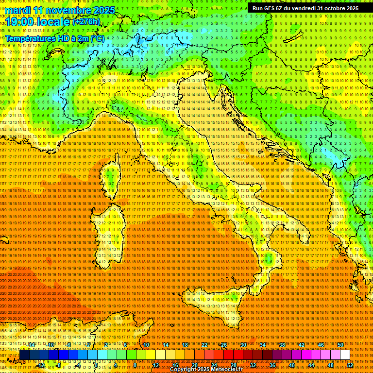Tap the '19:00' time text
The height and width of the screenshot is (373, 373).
pos(17,22)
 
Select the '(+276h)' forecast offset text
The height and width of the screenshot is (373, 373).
pos(87,22)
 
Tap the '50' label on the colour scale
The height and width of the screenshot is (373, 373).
pos(340,345)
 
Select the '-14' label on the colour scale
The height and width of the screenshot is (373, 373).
pos(31,345)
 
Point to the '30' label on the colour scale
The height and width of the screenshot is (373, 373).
pos(243,345)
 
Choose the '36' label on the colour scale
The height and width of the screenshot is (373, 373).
pos(272,365)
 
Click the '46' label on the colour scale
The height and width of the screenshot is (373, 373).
pos(321,345)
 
